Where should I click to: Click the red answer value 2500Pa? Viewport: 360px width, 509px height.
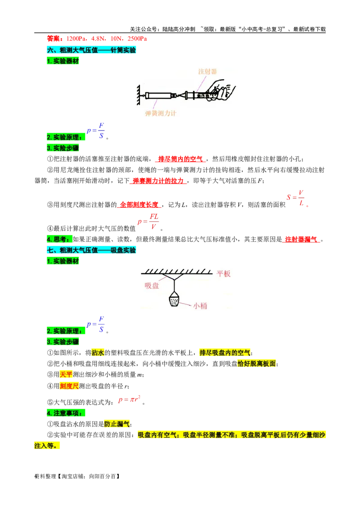pos(137,39)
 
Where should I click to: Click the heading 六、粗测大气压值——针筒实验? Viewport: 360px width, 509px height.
pos(91,49)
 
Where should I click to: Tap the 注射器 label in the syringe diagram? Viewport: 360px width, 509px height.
pos(207,71)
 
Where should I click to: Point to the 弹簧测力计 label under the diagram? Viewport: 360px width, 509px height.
pos(161,113)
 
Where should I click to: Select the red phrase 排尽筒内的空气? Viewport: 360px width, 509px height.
pos(180,159)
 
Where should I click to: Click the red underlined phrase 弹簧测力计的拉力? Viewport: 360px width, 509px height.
pos(158,180)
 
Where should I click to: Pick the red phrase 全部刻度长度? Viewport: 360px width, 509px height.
pos(139,205)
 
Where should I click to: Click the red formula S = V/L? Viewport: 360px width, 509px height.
pos(296,198)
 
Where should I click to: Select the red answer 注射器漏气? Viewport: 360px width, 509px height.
pos(301,239)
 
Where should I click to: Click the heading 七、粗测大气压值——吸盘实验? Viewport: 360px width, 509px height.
pos(91,250)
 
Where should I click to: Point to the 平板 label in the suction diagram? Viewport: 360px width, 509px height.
pos(224,274)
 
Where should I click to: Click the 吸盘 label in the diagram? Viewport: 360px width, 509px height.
pos(152,286)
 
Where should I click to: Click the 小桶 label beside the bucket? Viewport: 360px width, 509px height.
pos(200,306)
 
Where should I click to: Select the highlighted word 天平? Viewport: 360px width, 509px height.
pos(66,374)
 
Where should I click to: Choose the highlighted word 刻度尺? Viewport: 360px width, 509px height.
pos(69,386)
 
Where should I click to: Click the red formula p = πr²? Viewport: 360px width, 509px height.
pos(129,400)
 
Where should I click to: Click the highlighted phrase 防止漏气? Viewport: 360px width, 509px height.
pos(117,424)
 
